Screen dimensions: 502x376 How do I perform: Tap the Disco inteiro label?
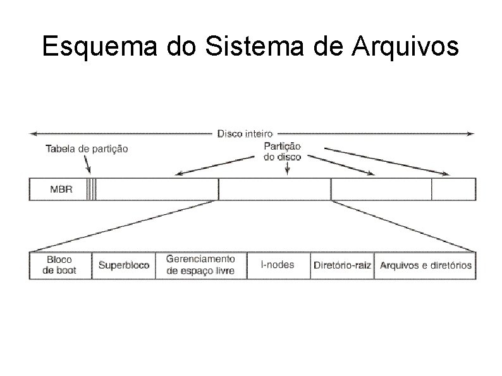(x=245, y=133)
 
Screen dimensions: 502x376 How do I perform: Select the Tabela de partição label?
(x=87, y=149)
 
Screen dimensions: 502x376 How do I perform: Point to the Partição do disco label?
(x=282, y=151)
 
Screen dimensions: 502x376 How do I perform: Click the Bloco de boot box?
(x=60, y=265)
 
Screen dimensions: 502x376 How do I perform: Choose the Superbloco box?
(x=124, y=265)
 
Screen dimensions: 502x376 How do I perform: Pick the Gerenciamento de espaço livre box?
(x=200, y=265)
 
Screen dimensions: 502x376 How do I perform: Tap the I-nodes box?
(x=278, y=265)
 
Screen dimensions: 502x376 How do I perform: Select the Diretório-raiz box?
(x=342, y=265)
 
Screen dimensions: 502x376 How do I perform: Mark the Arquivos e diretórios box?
(x=425, y=265)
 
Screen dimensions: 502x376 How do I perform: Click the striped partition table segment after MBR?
(x=92, y=189)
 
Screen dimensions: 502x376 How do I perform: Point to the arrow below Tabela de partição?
(x=88, y=165)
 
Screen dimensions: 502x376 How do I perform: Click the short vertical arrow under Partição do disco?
(x=288, y=169)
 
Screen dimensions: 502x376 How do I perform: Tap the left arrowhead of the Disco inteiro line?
(x=34, y=133)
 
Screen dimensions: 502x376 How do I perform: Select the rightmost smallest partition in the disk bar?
(x=453, y=189)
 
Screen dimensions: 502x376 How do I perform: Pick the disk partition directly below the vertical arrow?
(x=274, y=189)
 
